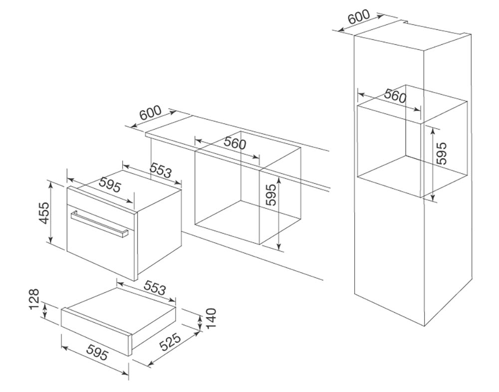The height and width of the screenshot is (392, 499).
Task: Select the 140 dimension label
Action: click(x=211, y=318)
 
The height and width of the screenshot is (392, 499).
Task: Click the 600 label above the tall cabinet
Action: click(x=359, y=16)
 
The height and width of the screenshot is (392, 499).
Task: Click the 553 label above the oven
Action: click(x=161, y=171)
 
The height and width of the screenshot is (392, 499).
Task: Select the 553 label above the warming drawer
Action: click(x=155, y=288)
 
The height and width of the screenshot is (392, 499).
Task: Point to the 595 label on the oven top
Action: click(x=110, y=185)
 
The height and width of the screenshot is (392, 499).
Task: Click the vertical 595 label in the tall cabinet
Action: click(x=442, y=153)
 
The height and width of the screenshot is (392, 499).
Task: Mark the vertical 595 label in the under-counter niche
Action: click(x=271, y=195)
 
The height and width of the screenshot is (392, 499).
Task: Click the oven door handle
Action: click(x=99, y=224)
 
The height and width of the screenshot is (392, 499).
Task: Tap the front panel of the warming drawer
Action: click(x=96, y=332)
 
